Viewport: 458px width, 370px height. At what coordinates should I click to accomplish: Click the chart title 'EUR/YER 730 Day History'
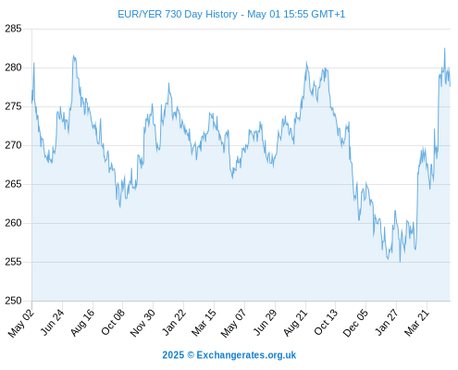tap(178, 14)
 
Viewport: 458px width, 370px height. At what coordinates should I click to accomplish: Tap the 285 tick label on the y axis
tap(13, 29)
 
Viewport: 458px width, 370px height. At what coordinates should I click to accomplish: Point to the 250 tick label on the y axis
tap(13, 301)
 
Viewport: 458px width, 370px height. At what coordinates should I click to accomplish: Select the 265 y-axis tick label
tap(13, 184)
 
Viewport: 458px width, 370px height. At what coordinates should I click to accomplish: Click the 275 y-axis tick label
tap(13, 106)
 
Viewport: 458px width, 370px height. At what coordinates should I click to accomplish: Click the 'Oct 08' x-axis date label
tap(113, 322)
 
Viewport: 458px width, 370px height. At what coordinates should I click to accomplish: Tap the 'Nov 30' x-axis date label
tap(142, 323)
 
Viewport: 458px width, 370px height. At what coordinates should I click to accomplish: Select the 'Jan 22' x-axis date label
tap(174, 322)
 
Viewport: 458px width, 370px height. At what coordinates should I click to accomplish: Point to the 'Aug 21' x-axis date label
tap(295, 323)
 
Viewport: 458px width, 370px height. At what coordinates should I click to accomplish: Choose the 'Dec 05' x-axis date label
tap(355, 323)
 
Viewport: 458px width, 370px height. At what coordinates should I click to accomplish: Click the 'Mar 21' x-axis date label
tap(417, 323)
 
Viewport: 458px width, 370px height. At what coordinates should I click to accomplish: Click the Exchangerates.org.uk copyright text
tap(229, 355)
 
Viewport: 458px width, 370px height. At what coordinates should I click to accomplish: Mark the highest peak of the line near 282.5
tap(445, 48)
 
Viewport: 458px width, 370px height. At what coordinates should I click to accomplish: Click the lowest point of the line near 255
tap(401, 262)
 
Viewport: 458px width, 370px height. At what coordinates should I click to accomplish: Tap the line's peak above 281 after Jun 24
tap(73, 55)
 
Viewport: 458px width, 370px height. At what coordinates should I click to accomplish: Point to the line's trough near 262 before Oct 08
tap(120, 207)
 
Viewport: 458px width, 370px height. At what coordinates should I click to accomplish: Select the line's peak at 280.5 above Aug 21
tap(306, 62)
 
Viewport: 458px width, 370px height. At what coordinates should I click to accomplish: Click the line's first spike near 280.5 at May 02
tap(34, 63)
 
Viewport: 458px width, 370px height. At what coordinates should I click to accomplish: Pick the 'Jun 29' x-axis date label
tap(265, 322)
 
